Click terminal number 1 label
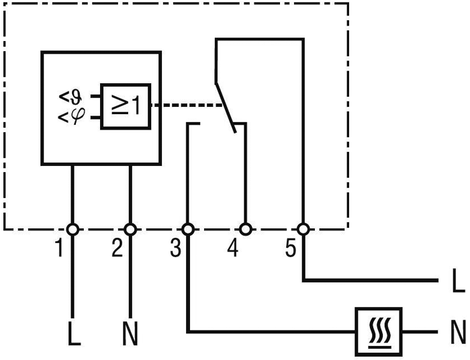pyautogui.click(x=60, y=249)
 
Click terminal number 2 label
pyautogui.click(x=117, y=249)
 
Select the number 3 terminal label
pyautogui.click(x=175, y=249)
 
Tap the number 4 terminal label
pyautogui.click(x=232, y=249)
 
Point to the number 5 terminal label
pyautogui.click(x=290, y=249)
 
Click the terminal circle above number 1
pyautogui.click(x=73, y=229)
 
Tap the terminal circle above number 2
pyautogui.click(x=130, y=229)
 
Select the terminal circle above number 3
pyautogui.click(x=188, y=229)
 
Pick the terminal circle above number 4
pyautogui.click(x=246, y=229)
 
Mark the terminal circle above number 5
pyautogui.click(x=303, y=229)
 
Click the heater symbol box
pyautogui.click(x=379, y=331)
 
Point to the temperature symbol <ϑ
pyautogui.click(x=70, y=96)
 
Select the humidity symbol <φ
pyautogui.click(x=70, y=118)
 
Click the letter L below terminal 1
pyautogui.click(x=74, y=334)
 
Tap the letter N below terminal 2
pyautogui.click(x=130, y=334)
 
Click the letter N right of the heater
pyautogui.click(x=458, y=331)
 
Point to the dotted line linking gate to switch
pyautogui.click(x=185, y=105)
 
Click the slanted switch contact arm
pyautogui.click(x=226, y=107)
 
